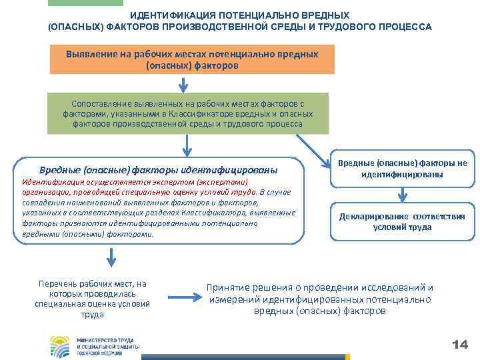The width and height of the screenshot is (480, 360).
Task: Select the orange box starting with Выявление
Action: coord(192,59)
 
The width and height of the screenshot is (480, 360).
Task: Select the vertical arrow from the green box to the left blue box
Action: coord(189,145)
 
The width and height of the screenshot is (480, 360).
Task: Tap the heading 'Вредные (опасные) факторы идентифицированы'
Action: coord(158,169)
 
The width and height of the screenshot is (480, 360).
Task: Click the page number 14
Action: coord(459,344)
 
